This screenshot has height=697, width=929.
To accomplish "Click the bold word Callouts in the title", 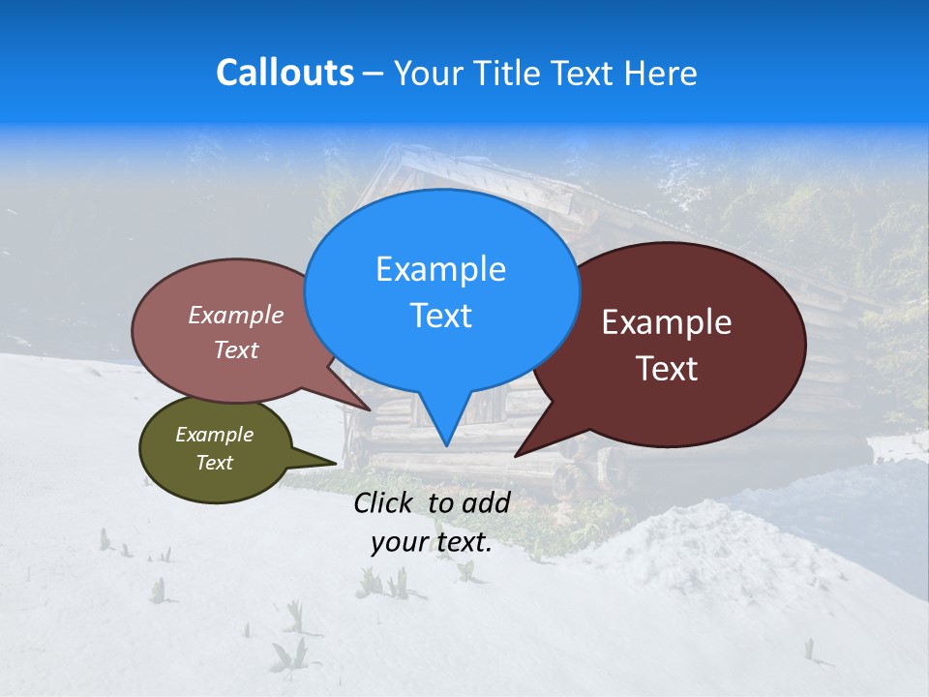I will click(x=285, y=73).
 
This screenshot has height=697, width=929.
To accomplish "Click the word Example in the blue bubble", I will click(x=440, y=269).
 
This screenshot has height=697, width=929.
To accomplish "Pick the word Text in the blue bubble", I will click(x=440, y=316).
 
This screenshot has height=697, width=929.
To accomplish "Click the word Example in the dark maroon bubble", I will click(x=667, y=322).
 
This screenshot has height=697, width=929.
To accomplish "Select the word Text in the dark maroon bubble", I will click(x=667, y=369).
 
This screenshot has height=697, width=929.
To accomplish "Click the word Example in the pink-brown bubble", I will click(x=236, y=315).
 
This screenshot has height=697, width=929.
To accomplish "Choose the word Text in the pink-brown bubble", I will click(x=236, y=349).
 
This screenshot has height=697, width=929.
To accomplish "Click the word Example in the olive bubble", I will click(x=214, y=435).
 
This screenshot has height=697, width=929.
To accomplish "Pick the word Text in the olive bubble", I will click(x=214, y=463).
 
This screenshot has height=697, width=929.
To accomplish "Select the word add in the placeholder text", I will click(x=486, y=502).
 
